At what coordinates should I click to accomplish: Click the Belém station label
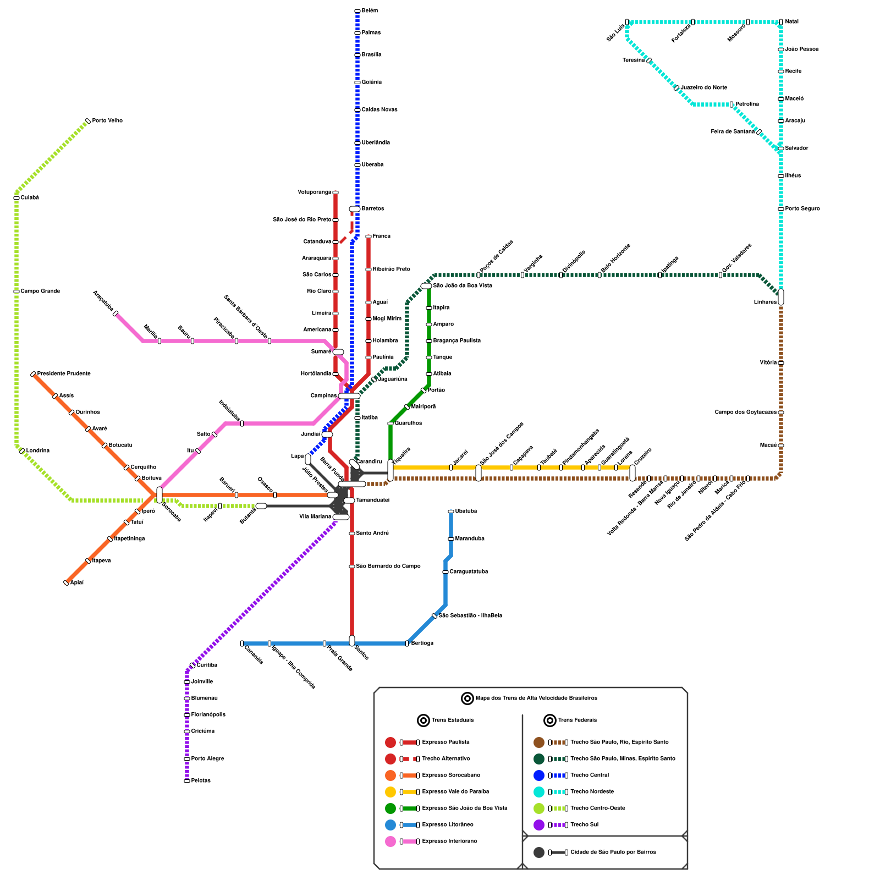[370, 11]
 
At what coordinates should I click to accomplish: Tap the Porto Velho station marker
[88, 121]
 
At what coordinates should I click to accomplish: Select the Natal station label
[791, 22]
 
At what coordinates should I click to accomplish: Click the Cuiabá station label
[30, 198]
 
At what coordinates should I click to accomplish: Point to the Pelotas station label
[201, 781]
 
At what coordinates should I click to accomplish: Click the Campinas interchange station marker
[349, 396]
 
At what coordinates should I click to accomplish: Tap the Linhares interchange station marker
[781, 297]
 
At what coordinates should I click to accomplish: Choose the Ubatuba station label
[466, 512]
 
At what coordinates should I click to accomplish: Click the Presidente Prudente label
[64, 374]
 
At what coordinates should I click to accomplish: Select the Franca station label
[381, 237]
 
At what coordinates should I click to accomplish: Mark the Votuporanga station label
[314, 193]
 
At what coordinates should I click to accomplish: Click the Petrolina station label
[747, 105]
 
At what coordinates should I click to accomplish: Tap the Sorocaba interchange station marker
[159, 495]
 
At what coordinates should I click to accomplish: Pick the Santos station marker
[352, 641]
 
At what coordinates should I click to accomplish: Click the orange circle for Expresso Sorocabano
[391, 776]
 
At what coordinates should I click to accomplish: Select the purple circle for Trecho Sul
[539, 825]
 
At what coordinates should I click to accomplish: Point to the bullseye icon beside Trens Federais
[550, 721]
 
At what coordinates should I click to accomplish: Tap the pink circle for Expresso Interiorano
[391, 842]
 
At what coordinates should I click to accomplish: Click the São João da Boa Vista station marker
[426, 286]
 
